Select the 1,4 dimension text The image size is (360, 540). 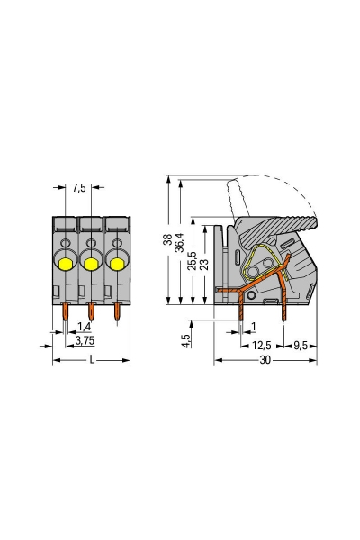pos(83,326)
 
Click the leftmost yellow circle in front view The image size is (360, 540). pos(66,262)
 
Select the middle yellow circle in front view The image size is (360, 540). pos(90,262)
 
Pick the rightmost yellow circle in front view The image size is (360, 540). pos(115,262)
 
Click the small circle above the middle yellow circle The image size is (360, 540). pos(90,244)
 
